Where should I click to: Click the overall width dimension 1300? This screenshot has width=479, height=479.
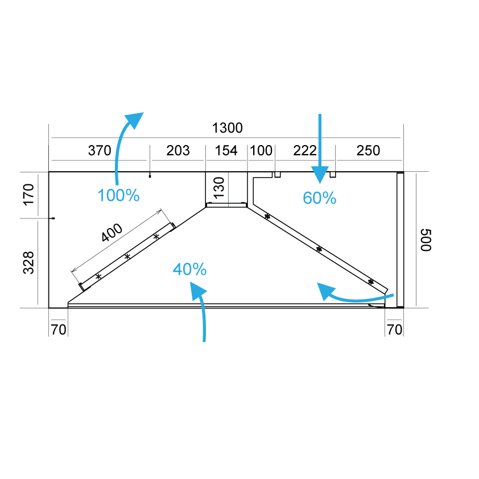click(228, 128)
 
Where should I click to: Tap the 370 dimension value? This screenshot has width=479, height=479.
click(100, 151)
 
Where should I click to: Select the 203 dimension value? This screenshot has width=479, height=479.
click(178, 151)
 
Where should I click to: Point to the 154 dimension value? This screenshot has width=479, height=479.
click(226, 151)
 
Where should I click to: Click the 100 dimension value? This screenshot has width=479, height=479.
click(261, 151)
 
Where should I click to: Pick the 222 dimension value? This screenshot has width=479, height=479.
click(304, 151)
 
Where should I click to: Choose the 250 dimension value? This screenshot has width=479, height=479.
click(368, 151)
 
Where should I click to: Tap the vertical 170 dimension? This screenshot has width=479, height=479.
click(28, 195)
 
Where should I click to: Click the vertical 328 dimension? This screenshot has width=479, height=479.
click(28, 263)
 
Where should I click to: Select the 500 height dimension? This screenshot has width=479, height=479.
click(426, 240)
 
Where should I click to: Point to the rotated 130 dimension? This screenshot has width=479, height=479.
click(219, 188)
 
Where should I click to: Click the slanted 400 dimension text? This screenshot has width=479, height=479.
click(112, 233)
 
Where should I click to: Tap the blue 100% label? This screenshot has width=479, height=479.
click(118, 195)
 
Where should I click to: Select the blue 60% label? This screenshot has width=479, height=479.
click(320, 198)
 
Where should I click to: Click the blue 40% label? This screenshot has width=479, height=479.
click(189, 270)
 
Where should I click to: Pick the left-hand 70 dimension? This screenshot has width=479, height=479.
click(59, 330)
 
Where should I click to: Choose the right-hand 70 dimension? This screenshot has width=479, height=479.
click(394, 330)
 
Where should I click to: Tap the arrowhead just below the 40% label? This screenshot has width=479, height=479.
click(197, 290)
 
